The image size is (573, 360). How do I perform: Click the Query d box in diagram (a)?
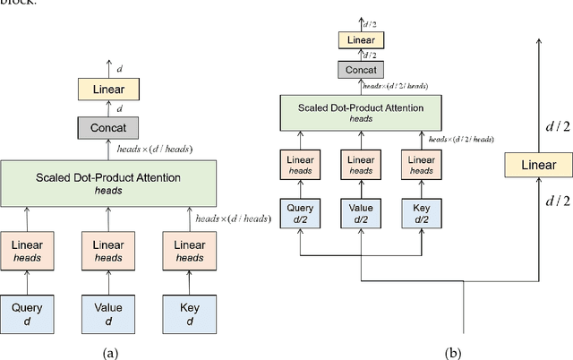point(26,313)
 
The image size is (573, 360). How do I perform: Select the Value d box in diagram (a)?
point(107,313)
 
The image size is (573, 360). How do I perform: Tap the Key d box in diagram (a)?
point(189,313)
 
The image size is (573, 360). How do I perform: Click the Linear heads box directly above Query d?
point(26,251)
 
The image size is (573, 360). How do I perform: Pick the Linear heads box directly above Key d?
point(189,251)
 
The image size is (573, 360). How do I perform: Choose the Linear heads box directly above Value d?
point(107,251)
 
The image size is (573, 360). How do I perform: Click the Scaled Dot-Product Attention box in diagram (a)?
point(108,184)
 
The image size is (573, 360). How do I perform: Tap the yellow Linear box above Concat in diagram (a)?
point(108,90)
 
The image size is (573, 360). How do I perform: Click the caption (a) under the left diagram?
point(109,352)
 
